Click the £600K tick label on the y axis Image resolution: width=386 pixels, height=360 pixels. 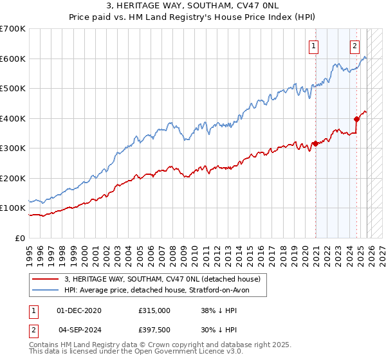[12, 59]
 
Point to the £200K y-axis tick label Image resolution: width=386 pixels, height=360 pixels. [12, 178]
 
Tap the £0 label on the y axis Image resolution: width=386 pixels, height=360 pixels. [19, 238]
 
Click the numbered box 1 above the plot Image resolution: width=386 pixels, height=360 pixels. [313, 46]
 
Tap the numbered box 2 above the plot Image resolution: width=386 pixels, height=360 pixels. [354, 46]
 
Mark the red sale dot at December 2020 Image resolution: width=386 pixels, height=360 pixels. [315, 144]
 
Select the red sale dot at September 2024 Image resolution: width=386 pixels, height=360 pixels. [356, 119]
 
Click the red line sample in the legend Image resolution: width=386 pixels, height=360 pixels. [46, 279]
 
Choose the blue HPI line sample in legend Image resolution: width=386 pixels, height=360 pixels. [46, 290]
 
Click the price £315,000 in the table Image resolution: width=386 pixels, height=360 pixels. [154, 310]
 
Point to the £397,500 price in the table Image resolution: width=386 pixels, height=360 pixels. [154, 329]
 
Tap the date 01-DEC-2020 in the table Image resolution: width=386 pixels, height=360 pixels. [79, 310]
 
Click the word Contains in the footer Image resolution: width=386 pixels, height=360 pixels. [44, 345]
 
